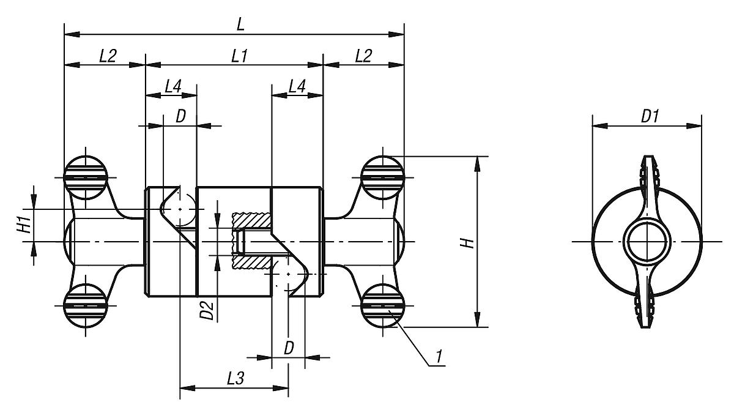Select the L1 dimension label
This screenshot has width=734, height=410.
point(239,56)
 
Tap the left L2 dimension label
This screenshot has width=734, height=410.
point(108,56)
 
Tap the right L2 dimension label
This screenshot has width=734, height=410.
point(363,56)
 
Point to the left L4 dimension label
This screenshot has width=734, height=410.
point(173,88)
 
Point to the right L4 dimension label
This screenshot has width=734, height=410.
point(296,88)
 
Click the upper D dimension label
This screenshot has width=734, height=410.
point(180,116)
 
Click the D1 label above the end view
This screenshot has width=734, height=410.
point(650,116)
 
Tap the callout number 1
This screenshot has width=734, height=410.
point(439,355)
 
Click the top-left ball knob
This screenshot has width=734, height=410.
point(86,177)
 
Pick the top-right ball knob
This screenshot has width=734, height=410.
point(382,177)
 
